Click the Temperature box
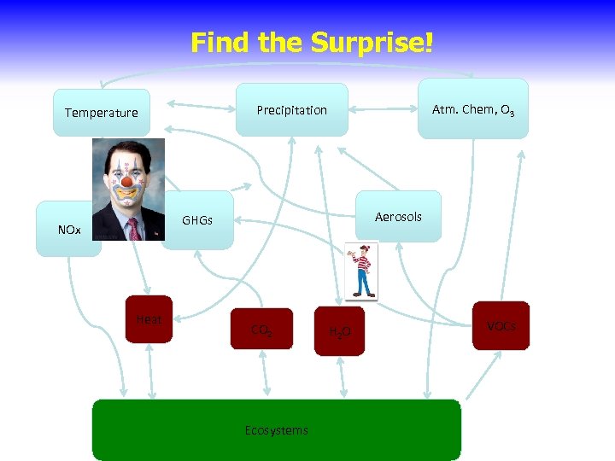point(101,113)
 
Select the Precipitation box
point(291,109)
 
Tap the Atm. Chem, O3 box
point(473,109)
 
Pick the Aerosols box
point(398,216)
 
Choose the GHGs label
point(196,220)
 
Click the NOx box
point(68,230)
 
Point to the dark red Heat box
point(149,319)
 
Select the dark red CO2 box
point(261,330)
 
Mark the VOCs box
point(501,325)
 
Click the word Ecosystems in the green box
point(276,429)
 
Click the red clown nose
point(127,182)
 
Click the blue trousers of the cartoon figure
point(365,285)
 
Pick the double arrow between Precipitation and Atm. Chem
point(383,110)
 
